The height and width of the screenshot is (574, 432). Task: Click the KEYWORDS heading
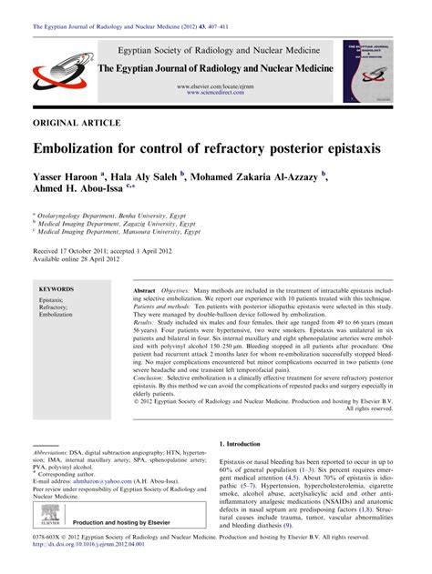coord(57,288)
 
